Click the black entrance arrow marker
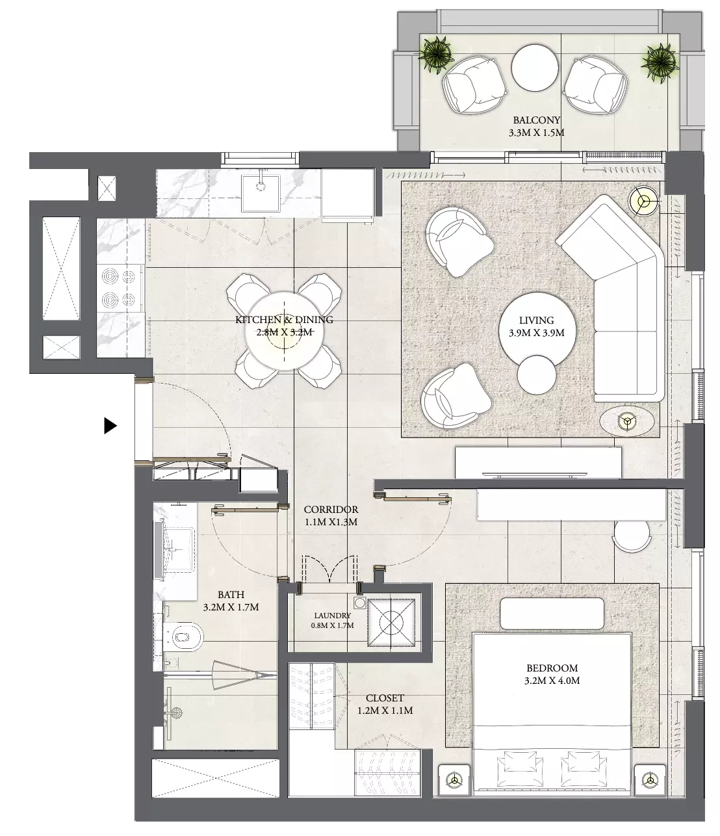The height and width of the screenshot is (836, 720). (110, 426)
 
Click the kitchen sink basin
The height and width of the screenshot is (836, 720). (261, 193)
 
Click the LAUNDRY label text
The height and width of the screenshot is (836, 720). (332, 616)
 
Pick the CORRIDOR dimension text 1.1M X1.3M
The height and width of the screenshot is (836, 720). (331, 522)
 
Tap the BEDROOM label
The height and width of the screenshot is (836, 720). (552, 668)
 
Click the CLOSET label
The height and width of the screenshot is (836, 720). (385, 698)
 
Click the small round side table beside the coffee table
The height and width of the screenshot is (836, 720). (537, 374)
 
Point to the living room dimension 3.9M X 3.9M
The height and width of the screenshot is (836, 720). (537, 333)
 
